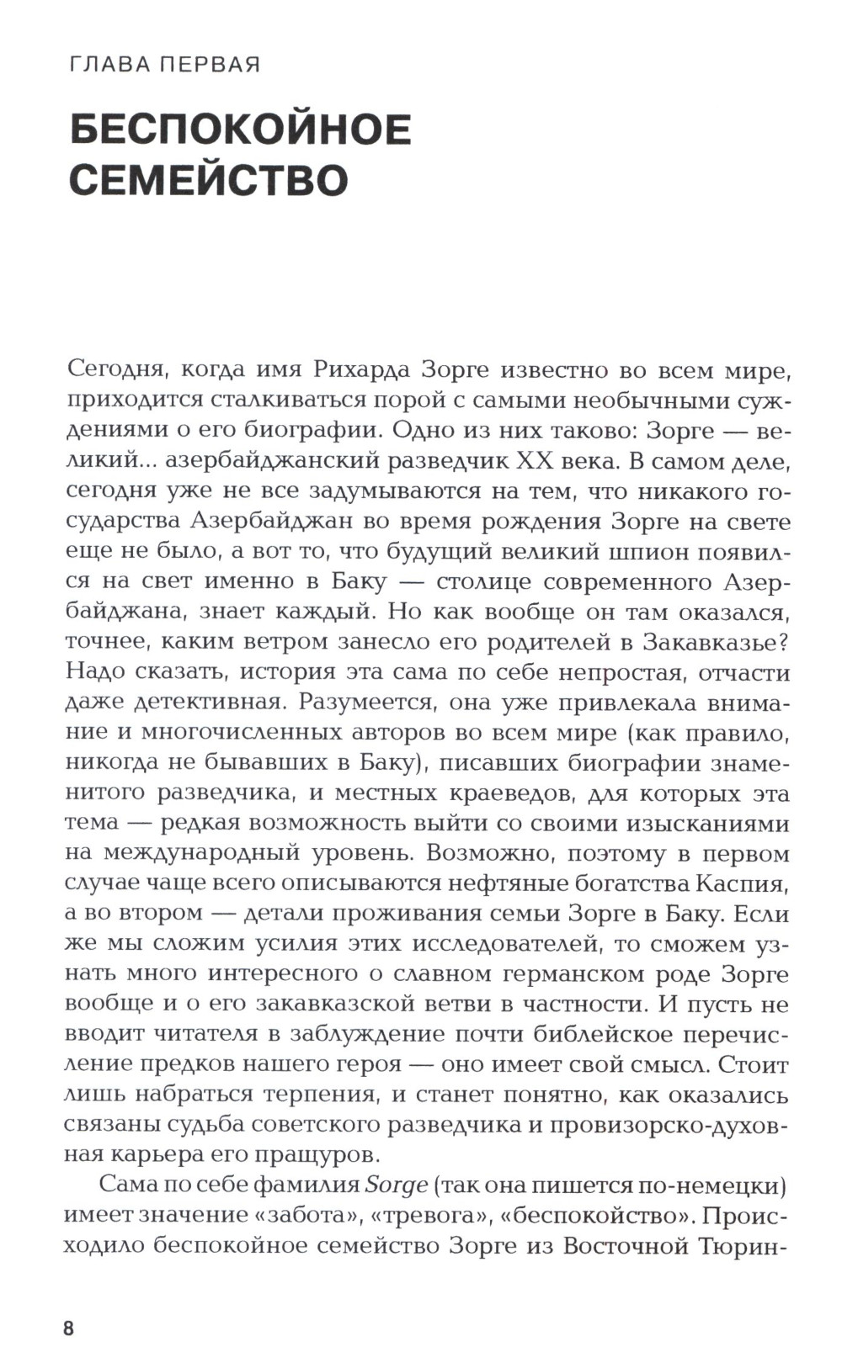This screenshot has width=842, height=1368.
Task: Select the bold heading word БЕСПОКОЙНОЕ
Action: point(240,130)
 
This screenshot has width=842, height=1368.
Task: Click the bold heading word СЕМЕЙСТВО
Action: point(208,180)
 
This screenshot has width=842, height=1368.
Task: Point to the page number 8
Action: point(69,1329)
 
